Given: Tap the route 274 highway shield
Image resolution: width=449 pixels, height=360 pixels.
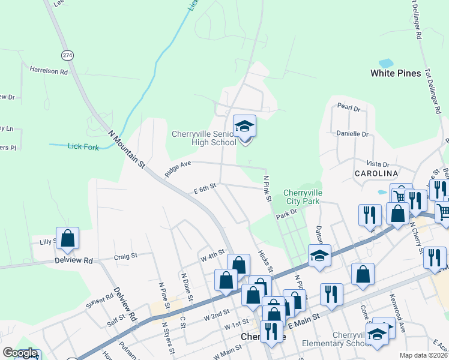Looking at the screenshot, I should click(67, 55).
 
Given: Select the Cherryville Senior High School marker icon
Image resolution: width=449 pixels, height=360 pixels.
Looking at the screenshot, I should click(244, 127).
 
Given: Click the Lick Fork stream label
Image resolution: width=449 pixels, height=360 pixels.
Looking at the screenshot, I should click(83, 146).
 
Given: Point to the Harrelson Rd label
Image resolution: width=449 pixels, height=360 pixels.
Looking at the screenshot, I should click(49, 71).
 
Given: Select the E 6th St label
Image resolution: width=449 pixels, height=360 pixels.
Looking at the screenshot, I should click(205, 189).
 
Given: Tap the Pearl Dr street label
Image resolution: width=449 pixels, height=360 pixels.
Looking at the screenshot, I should click(348, 109).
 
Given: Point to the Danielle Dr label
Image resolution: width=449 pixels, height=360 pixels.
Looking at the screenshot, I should click(352, 134).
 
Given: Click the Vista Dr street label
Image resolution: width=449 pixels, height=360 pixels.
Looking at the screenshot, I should click(378, 164).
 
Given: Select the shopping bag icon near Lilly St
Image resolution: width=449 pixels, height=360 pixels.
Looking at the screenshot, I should click(68, 238).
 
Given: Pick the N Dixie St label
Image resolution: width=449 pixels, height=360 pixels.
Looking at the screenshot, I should click(185, 286).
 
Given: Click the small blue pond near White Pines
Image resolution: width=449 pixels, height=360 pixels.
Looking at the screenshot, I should click(386, 62).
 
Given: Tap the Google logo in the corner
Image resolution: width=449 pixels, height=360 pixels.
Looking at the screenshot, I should click(20, 353).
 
